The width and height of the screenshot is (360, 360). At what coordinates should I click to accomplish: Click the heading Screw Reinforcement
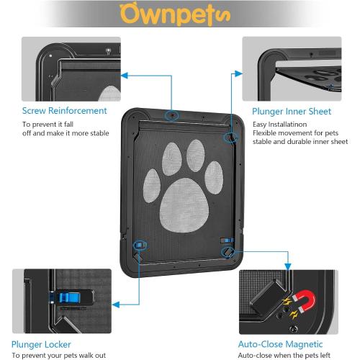click(64, 111)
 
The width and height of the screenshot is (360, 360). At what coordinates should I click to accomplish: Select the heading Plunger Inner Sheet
click(292, 112)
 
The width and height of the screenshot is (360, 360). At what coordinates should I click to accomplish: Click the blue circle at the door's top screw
click(172, 115)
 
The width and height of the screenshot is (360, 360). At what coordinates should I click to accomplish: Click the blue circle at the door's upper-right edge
click(230, 136)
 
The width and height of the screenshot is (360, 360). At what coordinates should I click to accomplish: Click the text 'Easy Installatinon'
click(280, 124)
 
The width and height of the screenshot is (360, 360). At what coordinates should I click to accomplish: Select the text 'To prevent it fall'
click(50, 124)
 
